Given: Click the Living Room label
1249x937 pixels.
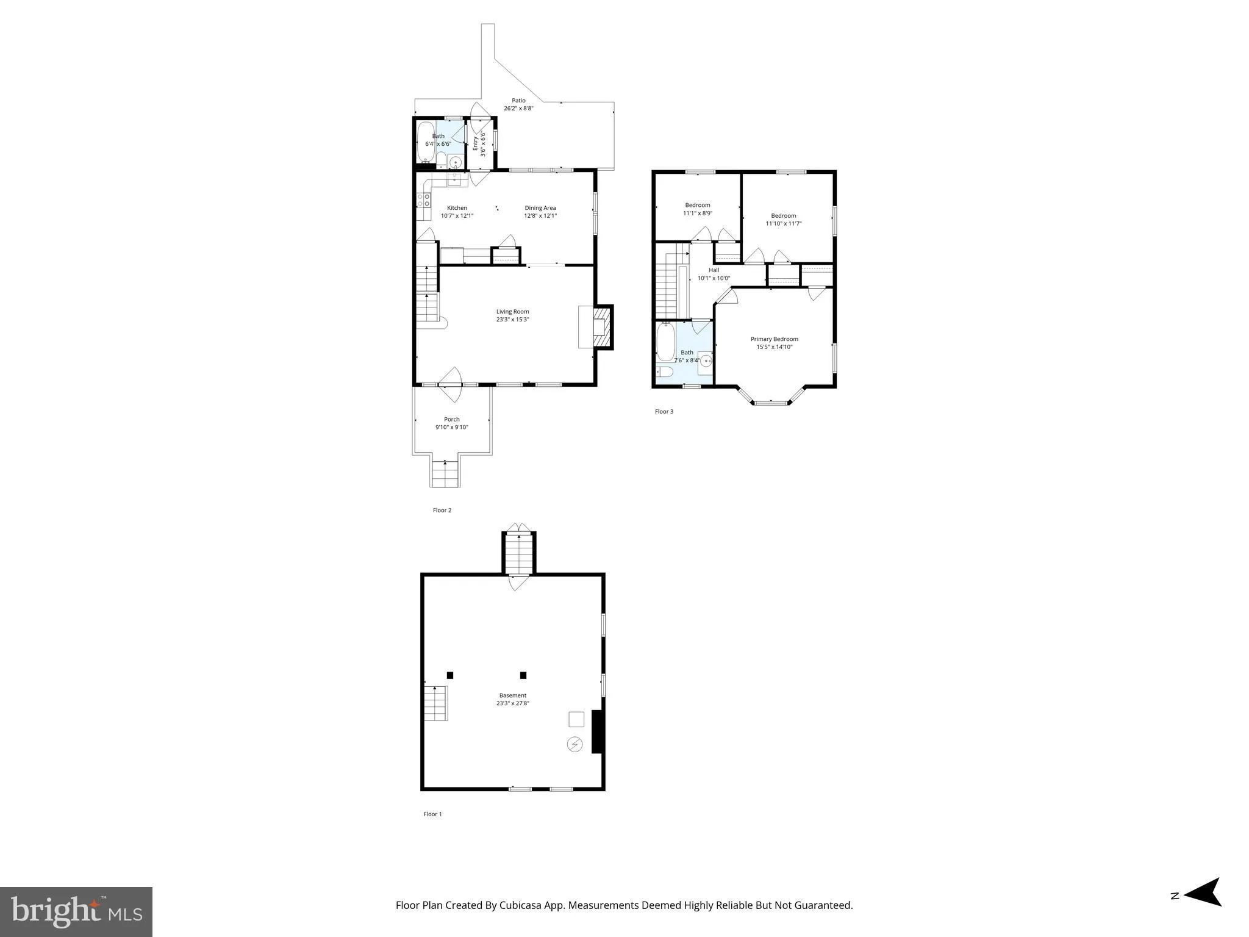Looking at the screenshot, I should pos(512,312).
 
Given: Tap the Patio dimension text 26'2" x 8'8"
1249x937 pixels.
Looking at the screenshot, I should pos(518,109).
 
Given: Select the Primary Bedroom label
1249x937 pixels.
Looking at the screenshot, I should pos(774,339).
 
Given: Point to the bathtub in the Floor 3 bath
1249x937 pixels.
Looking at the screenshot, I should pos(665,342).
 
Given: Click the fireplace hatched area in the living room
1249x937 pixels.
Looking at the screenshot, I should pos(601,327).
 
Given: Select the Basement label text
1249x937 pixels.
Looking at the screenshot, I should pos(512,695).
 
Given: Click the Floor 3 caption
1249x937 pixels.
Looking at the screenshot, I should pos(664,412).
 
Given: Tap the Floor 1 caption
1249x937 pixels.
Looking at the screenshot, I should pos(432,814).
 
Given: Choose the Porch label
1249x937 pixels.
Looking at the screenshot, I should pos(452,419).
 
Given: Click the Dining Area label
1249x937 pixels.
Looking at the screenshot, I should pos(540,208).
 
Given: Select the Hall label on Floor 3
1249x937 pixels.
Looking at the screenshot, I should pos(714,270).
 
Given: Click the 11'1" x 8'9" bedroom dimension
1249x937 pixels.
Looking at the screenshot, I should pos(698,214).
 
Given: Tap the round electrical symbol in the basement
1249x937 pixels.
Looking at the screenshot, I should pos(575,744).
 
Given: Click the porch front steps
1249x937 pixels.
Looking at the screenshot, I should pos(445,474).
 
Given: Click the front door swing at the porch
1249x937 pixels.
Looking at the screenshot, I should pos(452,384).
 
